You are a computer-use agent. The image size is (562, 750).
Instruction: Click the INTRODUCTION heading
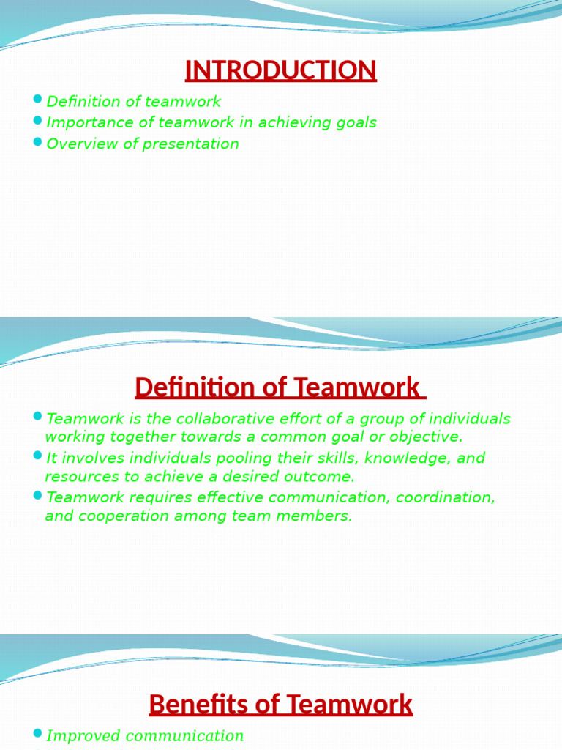[281, 70]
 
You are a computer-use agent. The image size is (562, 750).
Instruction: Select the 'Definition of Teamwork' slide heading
[280, 387]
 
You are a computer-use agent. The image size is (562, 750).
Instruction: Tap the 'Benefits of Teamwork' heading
[281, 705]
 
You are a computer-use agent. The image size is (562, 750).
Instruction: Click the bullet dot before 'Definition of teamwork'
[39, 99]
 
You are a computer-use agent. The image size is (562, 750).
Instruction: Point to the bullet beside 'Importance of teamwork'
[39, 120]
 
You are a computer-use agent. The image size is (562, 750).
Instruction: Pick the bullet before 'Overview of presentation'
[39, 141]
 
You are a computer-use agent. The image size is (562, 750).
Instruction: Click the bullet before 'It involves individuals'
[39, 456]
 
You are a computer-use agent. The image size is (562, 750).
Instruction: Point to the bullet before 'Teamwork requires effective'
[39, 495]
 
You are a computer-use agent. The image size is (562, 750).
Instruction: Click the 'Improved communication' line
[145, 736]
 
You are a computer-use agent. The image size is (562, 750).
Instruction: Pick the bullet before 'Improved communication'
[39, 733]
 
